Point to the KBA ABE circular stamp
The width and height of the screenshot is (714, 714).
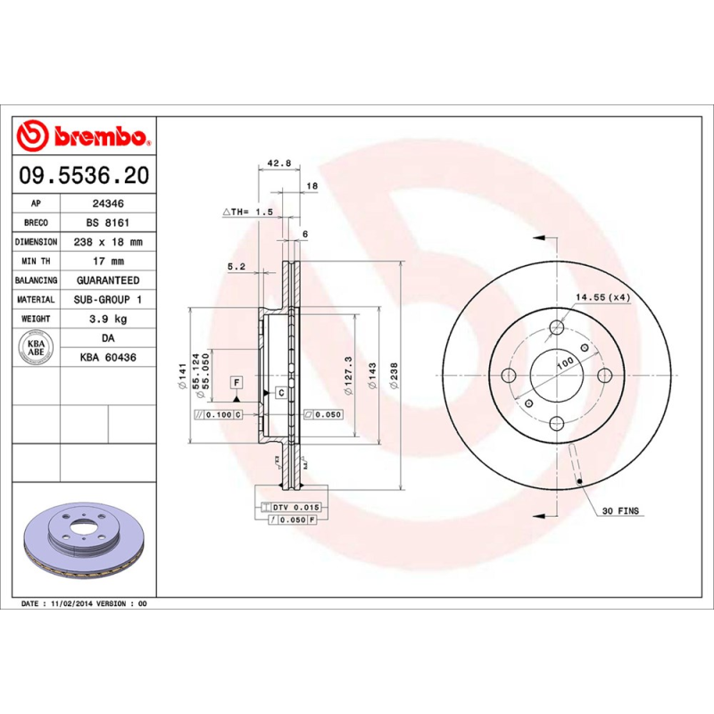click(37, 346)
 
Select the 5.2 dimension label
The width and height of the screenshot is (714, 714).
click(236, 266)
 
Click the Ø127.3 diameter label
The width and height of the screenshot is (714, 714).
click(349, 373)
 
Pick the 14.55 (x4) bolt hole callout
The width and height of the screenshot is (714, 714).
click(602, 297)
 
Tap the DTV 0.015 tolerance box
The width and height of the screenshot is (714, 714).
click(294, 507)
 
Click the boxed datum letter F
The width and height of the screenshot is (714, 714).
click(237, 382)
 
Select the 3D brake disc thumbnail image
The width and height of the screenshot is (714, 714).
click(85, 546)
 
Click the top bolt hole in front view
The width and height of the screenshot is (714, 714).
click(557, 327)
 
